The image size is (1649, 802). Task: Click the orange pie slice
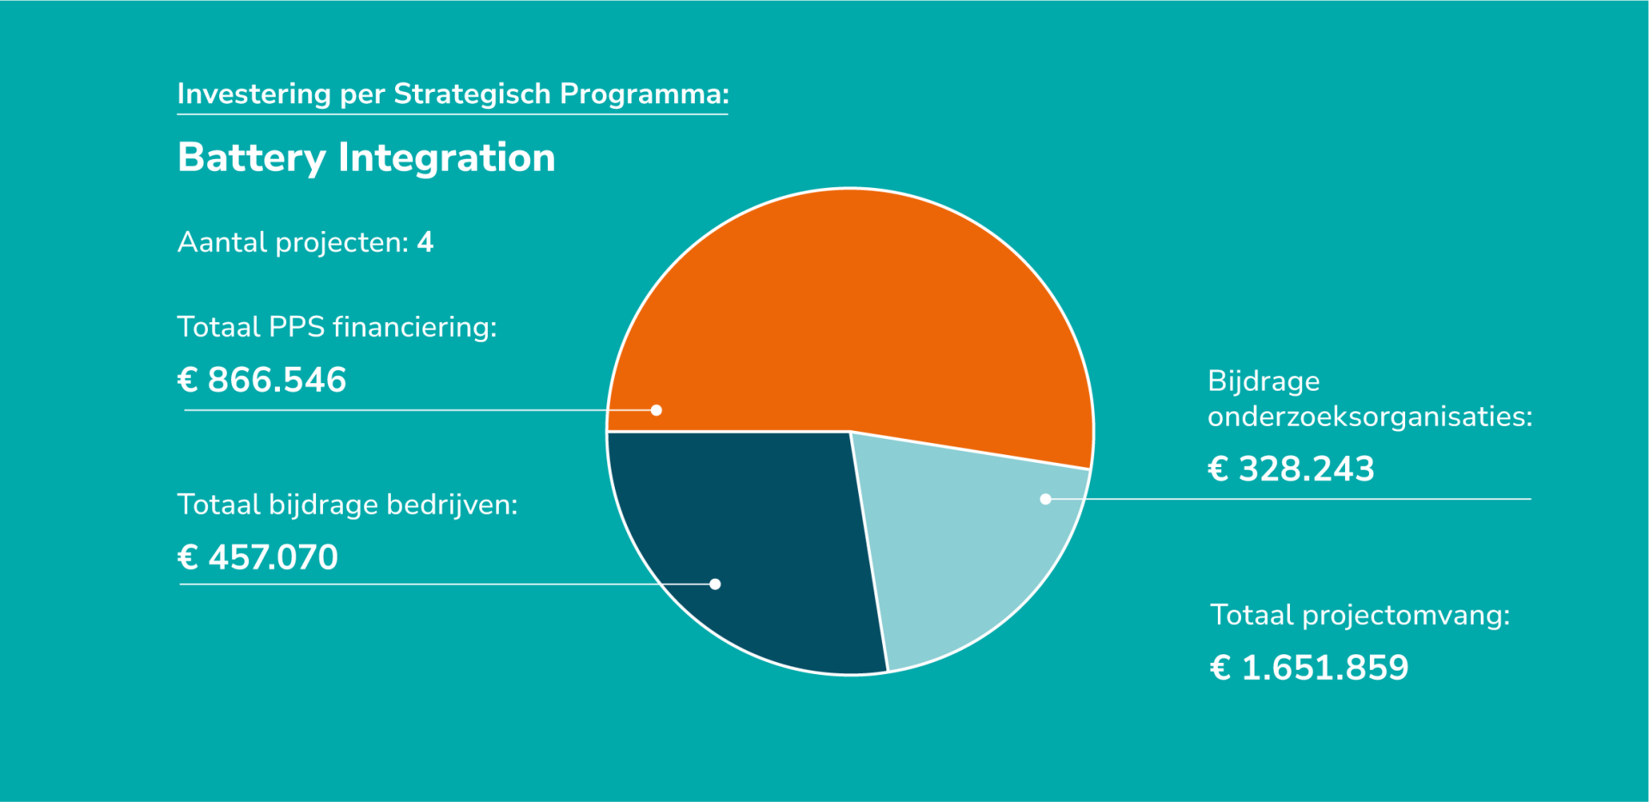click(x=850, y=318)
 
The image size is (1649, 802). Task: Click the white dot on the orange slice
click(x=656, y=410)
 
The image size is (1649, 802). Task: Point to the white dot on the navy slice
click(x=715, y=584)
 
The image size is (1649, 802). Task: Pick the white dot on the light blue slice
click(x=1045, y=499)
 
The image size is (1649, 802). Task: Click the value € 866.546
click(x=262, y=380)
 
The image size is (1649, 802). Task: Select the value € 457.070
click(x=258, y=557)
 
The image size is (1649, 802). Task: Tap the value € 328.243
click(x=1291, y=469)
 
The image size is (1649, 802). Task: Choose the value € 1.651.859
click(x=1309, y=667)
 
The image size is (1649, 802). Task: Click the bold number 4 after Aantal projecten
click(x=425, y=242)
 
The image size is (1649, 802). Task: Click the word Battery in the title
click(x=252, y=158)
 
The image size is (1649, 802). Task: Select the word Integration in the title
click(x=447, y=158)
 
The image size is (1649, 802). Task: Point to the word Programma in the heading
click(x=643, y=94)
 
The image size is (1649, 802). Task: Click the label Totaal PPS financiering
click(x=337, y=327)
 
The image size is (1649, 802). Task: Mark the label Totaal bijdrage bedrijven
click(x=347, y=505)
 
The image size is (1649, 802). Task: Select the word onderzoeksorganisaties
click(x=1370, y=417)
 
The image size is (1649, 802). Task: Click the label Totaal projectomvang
click(x=1360, y=616)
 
